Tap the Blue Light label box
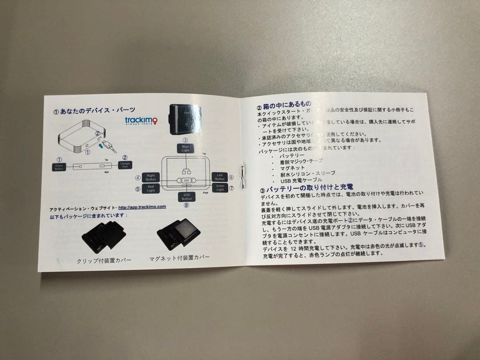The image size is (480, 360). point(185,148)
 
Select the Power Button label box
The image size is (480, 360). point(60,167)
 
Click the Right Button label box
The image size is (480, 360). point(151,177)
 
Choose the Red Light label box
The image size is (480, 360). point(151,189)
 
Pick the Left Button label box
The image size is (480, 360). point(220,177)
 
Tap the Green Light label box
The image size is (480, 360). point(220,188)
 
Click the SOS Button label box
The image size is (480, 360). point(186,196)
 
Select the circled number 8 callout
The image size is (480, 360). point(186,205)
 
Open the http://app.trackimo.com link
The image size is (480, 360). point(142,207)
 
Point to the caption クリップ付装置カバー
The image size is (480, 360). point(104,260)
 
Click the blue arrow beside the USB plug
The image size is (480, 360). point(104,143)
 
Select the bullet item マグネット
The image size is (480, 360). point(292,168)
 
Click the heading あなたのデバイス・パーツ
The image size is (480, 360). point(94,109)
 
